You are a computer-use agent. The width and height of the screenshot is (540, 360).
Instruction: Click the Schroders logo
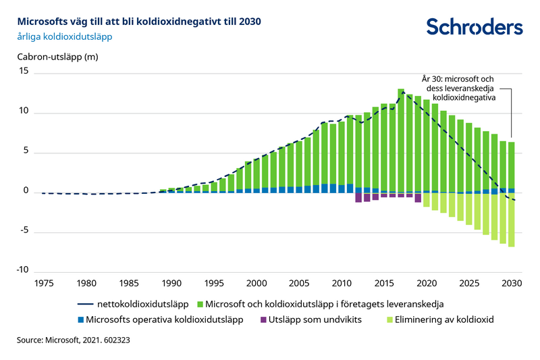(474, 26)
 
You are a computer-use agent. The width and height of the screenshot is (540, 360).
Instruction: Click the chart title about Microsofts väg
(138, 21)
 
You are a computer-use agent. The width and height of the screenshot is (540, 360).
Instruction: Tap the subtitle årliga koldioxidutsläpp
(64, 37)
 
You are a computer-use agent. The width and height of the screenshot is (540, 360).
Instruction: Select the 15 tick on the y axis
(25, 72)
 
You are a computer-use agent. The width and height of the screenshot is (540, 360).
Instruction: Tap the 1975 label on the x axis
(44, 282)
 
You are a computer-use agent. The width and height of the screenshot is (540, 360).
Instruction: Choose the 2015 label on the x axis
(384, 282)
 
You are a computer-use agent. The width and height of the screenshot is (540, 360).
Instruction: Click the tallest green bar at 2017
(401, 138)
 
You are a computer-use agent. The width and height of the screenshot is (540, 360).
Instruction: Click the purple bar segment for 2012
(358, 197)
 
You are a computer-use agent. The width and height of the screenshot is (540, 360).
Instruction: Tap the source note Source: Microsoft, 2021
(73, 341)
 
